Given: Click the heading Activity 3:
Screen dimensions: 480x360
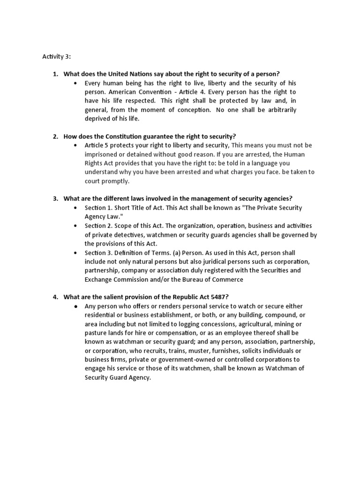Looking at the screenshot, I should tap(56, 57).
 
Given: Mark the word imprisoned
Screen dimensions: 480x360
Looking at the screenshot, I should tap(102, 154).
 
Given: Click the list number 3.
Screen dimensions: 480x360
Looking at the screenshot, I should tap(55, 199).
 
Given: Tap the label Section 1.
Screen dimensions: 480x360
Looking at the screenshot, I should tap(98, 208).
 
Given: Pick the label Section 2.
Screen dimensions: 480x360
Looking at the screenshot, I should tap(98, 225).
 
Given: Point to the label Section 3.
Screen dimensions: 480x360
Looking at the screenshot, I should tap(98, 252).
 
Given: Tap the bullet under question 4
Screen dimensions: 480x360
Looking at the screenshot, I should tap(75, 306).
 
